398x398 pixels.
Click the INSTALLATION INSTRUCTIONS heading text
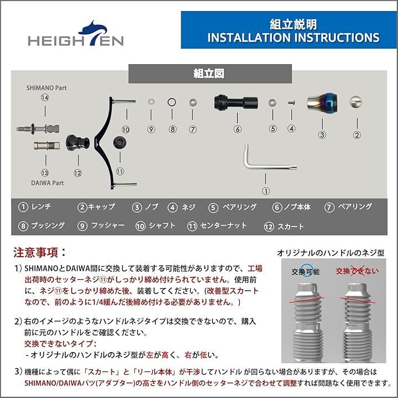(x=293, y=38)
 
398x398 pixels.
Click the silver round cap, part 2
(x=357, y=102)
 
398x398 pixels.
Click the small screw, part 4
(x=292, y=103)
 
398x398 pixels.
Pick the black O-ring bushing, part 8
(x=171, y=102)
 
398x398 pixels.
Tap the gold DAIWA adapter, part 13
(x=47, y=146)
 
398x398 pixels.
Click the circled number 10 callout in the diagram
(x=125, y=129)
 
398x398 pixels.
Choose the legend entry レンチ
(x=36, y=207)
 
